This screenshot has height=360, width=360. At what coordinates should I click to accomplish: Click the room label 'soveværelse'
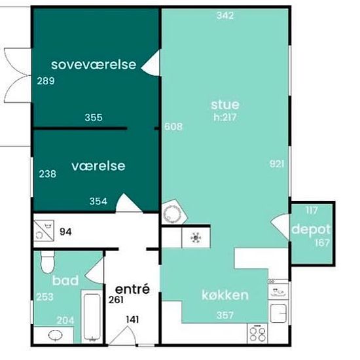[x=94, y=65]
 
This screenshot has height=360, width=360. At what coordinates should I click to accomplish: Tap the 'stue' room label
[x=225, y=105]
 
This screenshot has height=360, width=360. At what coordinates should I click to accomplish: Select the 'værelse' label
[x=98, y=166]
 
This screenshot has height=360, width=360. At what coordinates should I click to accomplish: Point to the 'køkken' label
[x=225, y=295]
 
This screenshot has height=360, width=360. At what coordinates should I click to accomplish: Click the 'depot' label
[x=311, y=230]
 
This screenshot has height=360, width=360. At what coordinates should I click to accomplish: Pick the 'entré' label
[x=132, y=289]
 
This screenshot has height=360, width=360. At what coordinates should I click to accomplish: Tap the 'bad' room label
[x=65, y=280]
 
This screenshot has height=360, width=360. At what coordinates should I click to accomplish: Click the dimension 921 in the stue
[x=277, y=164]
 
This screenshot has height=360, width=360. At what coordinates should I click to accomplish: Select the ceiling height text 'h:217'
[x=225, y=117]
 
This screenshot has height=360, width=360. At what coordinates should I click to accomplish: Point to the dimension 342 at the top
[x=225, y=16]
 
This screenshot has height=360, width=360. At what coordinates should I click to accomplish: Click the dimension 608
[x=173, y=126]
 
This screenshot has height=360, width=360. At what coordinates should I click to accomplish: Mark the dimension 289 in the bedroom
[x=46, y=81]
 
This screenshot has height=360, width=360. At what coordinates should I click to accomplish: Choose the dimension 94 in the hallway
[x=65, y=232]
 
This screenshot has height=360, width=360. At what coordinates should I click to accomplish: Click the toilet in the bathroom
[x=48, y=262]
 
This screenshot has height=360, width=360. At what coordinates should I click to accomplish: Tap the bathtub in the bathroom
[x=92, y=316]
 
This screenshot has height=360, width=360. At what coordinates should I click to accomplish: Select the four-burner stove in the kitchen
[x=257, y=333]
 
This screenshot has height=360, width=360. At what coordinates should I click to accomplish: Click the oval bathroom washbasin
[x=56, y=335]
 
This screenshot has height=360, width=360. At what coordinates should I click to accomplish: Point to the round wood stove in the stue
[x=171, y=214]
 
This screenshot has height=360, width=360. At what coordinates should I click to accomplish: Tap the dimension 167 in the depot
[x=322, y=243]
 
